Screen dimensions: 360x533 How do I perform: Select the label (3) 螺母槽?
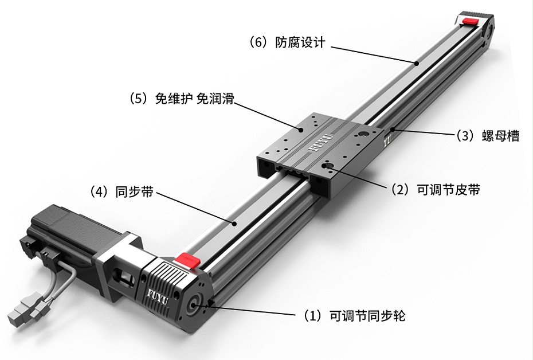(x=487, y=136)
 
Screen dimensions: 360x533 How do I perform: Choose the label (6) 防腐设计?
(x=287, y=42)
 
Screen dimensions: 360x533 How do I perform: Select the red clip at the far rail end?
(x=471, y=21)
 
